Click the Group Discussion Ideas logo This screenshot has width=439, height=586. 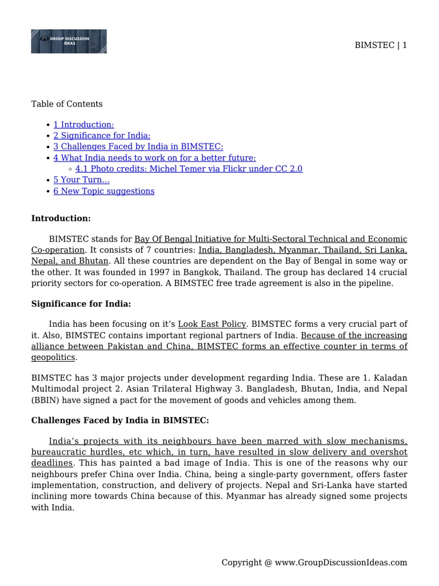(x=69, y=41)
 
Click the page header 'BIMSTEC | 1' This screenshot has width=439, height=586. (x=381, y=45)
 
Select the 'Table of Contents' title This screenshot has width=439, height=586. (x=67, y=104)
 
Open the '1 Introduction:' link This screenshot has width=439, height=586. (x=83, y=125)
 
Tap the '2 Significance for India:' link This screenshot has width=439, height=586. (x=102, y=136)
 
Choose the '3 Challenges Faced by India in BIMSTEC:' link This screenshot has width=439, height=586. (x=138, y=146)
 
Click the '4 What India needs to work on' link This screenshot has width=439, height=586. (x=154, y=157)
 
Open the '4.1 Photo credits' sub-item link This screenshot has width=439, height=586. (x=189, y=169)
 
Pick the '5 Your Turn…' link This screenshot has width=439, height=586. (x=81, y=180)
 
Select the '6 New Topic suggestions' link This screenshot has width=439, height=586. (x=103, y=191)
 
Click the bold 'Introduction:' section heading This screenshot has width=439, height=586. (x=61, y=219)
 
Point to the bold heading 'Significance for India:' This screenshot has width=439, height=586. (x=81, y=304)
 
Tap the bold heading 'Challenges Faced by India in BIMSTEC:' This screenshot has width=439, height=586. (x=120, y=421)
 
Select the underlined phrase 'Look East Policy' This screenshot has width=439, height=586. (x=212, y=324)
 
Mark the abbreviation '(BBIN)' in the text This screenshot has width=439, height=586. (x=45, y=400)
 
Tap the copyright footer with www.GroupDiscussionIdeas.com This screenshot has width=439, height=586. (x=314, y=563)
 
